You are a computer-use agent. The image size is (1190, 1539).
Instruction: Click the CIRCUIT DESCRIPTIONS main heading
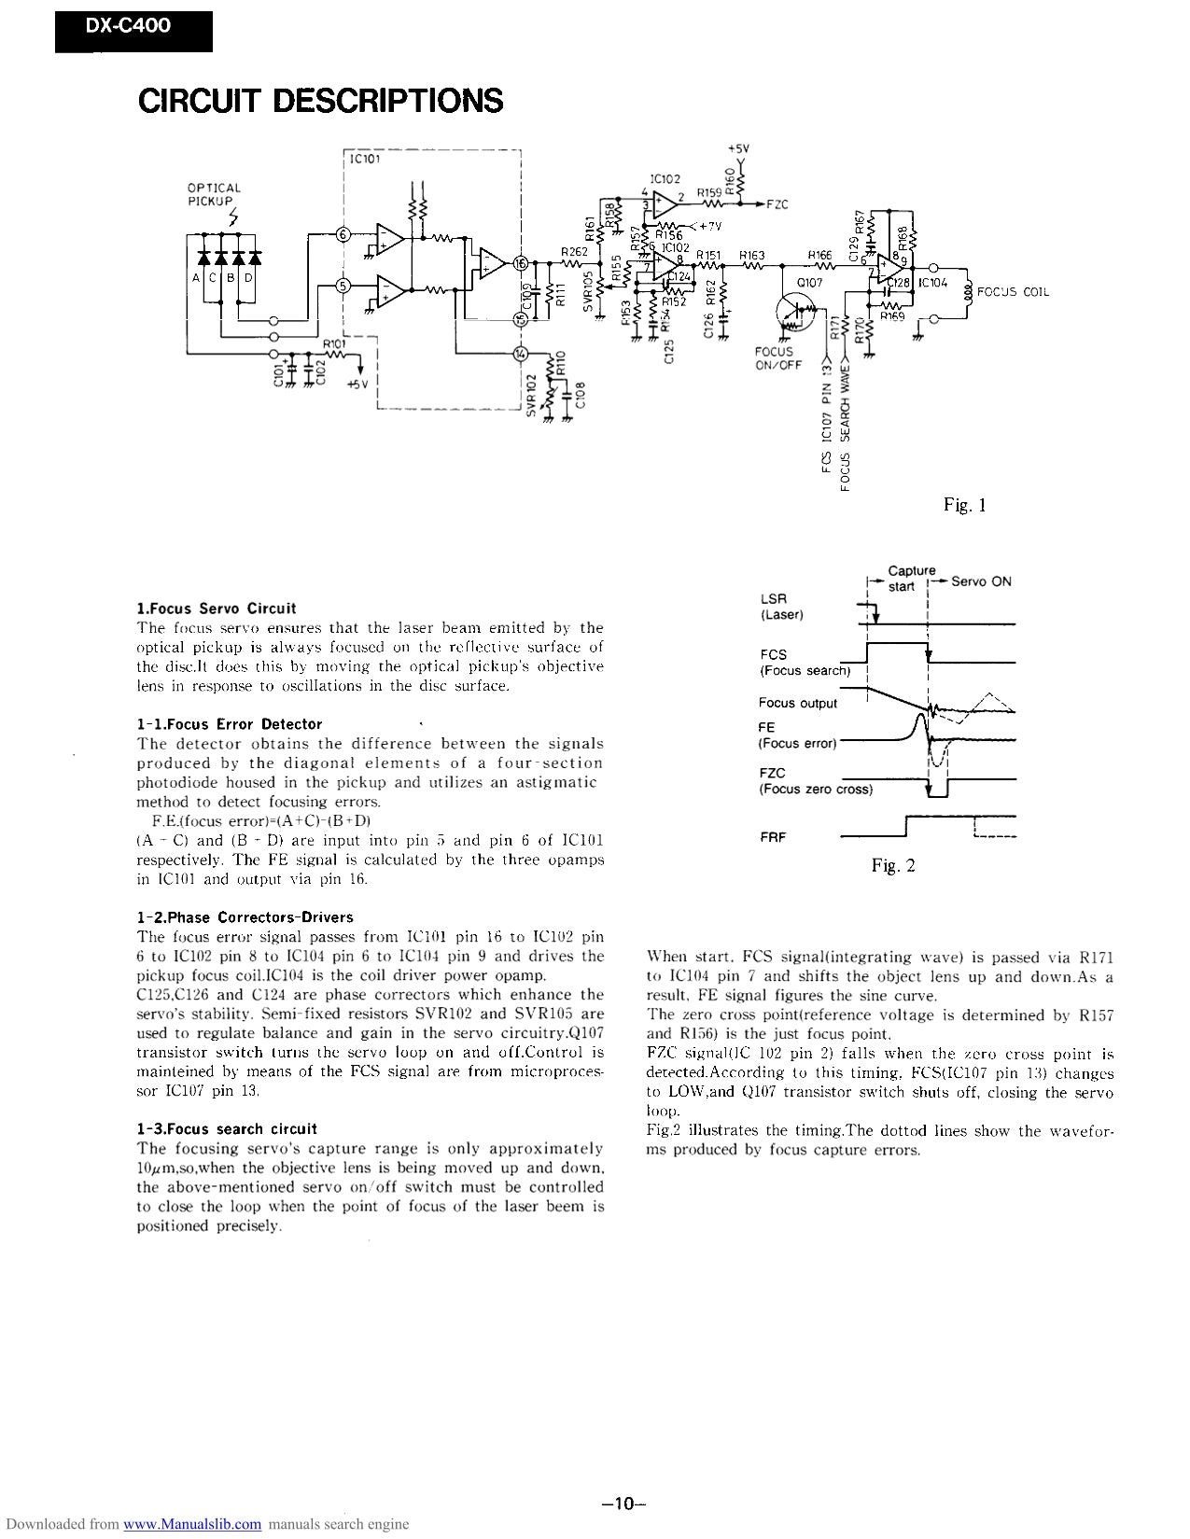coord(320,100)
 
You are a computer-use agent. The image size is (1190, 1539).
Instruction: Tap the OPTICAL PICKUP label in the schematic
coord(214,194)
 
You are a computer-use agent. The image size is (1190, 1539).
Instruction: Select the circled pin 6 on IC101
coord(343,234)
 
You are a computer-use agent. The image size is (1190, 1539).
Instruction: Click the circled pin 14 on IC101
coord(520,353)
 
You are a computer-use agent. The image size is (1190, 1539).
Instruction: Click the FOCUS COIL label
coord(1013,292)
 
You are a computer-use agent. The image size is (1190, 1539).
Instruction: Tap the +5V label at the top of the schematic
coord(738,148)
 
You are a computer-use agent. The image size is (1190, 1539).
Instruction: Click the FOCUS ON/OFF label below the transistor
coord(777,358)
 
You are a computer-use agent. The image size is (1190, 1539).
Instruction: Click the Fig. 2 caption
coord(893,865)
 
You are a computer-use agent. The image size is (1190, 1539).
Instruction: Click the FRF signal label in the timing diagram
coord(773,837)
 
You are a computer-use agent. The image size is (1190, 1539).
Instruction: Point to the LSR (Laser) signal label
coord(781,607)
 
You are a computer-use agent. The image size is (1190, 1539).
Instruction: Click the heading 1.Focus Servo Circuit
coord(217,608)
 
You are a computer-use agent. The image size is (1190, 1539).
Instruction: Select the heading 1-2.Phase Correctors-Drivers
coord(245,916)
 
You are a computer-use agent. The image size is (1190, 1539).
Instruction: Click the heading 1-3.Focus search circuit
coord(227,1128)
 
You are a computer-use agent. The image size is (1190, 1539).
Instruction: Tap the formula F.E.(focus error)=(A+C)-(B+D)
coord(261,820)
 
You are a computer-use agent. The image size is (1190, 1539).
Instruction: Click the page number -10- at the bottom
coord(624,1503)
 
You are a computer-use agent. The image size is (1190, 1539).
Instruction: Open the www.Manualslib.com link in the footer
coord(192,1524)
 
